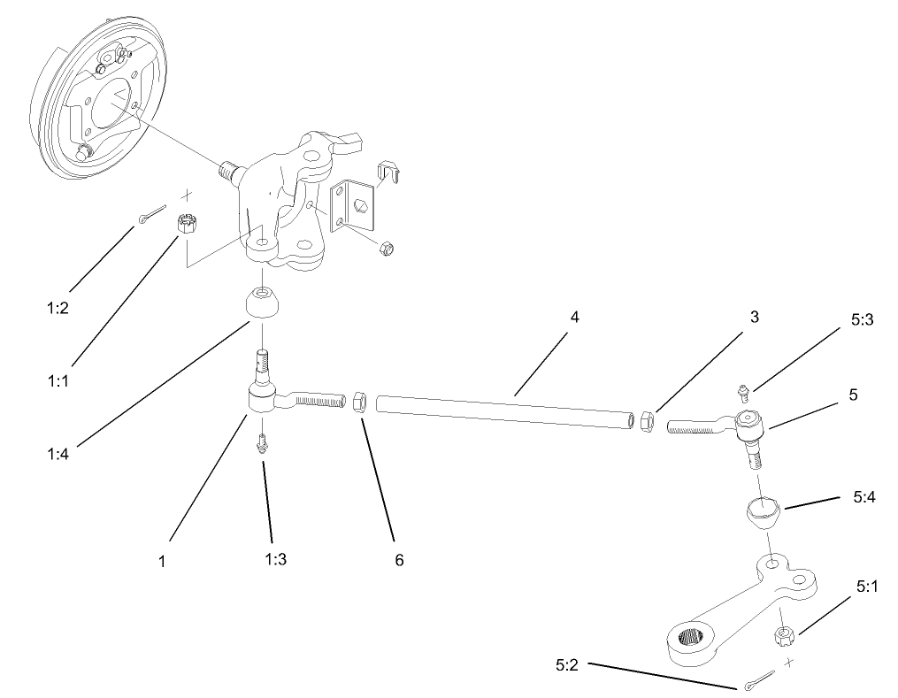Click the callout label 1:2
pos(58,308)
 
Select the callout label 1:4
pos(58,454)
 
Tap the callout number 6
pos(399,560)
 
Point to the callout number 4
pos(574,317)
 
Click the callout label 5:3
pos(862,320)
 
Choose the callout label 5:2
pos(567,665)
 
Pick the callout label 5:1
pos(867,587)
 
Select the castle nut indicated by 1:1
pos(186,223)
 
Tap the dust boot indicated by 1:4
pos(262,303)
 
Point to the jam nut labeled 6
pos(360,403)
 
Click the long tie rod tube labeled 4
pos(505,411)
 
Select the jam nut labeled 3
pos(647,421)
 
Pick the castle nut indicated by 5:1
pos(784,636)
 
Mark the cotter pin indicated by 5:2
pos(759,681)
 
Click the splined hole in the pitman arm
pos(692,636)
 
